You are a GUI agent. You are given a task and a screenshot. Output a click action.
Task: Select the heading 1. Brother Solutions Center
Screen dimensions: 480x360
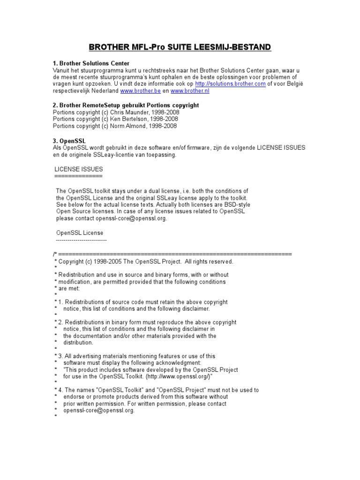click(91, 63)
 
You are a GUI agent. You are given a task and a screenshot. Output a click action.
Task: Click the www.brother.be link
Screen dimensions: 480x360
click(140, 91)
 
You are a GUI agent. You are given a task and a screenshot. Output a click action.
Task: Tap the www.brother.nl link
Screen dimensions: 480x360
click(189, 91)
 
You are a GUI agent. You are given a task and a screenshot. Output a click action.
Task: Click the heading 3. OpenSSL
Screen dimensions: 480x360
click(69, 141)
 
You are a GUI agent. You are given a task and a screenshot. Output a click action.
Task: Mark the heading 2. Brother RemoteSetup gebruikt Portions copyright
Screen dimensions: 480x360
click(126, 105)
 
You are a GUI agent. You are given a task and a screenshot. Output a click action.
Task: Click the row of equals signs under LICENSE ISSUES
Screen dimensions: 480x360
click(78, 176)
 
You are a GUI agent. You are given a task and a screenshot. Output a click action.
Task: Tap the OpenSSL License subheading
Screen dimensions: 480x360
click(80, 232)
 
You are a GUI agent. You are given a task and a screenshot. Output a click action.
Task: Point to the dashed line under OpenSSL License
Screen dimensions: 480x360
click(81, 240)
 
